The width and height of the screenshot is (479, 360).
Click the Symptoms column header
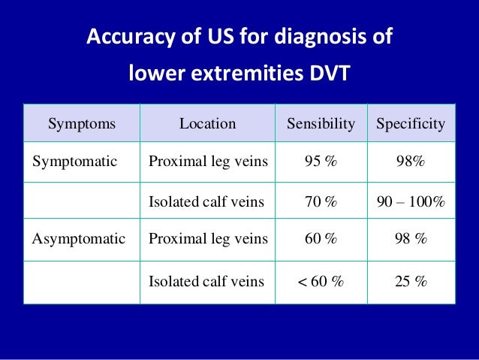point(82,123)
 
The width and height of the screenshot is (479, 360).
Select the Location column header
point(207,123)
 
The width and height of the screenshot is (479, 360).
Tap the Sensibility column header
point(321,123)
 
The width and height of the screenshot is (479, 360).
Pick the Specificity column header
point(411,123)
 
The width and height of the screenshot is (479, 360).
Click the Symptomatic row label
point(74,161)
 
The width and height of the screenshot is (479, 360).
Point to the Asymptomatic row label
point(78,239)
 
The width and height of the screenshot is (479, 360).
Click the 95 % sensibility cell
point(321,161)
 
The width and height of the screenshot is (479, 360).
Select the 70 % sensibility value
point(321,201)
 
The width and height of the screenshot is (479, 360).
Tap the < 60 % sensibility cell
point(321,282)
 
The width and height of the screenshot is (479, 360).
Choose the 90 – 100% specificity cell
point(411,201)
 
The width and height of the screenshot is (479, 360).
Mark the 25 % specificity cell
point(411,282)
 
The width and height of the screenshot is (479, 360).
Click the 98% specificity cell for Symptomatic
point(411,161)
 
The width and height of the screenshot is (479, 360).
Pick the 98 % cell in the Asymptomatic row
point(411,239)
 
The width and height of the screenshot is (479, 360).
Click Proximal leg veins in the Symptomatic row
point(208,161)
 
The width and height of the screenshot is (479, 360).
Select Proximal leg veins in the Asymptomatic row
point(208,239)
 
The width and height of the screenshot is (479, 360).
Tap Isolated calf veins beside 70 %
point(206,201)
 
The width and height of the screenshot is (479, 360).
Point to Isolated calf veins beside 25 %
point(206,282)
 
